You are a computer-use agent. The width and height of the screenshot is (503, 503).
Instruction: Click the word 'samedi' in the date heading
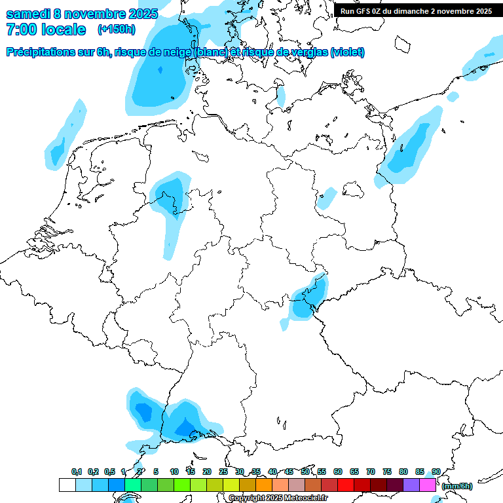[x=29, y=13]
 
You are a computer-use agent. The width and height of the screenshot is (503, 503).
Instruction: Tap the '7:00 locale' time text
[x=46, y=29]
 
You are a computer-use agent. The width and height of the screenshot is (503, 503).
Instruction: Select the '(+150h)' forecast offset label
[x=117, y=29]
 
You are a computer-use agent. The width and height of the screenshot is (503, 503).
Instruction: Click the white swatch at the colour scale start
[x=67, y=485]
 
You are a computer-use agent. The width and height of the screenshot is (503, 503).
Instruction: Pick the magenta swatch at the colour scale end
[x=428, y=485]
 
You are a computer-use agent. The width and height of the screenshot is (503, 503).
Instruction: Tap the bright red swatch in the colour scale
[x=346, y=485]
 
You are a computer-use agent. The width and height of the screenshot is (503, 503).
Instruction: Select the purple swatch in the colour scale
[x=411, y=485]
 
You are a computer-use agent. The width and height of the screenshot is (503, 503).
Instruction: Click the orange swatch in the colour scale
[x=264, y=485]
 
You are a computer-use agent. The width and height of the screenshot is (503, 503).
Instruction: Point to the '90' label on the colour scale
[x=436, y=472]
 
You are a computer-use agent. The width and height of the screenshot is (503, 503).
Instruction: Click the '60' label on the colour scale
[x=338, y=472]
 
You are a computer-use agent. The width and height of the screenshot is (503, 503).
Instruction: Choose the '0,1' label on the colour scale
[x=77, y=472]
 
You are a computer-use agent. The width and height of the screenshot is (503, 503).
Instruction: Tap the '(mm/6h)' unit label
[x=456, y=486]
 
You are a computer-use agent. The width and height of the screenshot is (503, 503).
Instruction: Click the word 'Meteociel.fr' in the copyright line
[x=306, y=498]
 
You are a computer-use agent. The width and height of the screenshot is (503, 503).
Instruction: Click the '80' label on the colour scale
[x=403, y=472]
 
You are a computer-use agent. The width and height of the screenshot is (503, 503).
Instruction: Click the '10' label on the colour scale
[x=174, y=472]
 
